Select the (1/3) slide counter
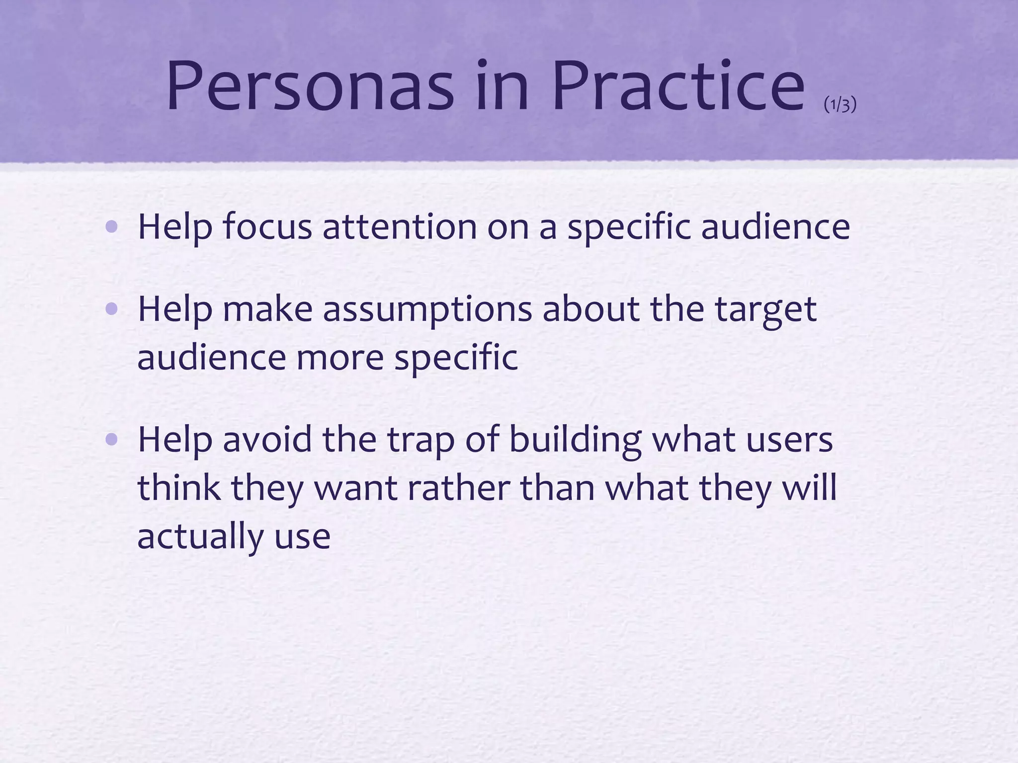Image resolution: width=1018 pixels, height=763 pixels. [840, 105]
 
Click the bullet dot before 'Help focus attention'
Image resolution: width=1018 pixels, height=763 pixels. [112, 228]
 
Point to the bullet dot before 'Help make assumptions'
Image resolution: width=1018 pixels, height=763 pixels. [112, 310]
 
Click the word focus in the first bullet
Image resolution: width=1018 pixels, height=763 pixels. [267, 227]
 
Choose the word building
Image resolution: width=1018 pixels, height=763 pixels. [575, 440]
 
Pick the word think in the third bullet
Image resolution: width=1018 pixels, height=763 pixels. [179, 488]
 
